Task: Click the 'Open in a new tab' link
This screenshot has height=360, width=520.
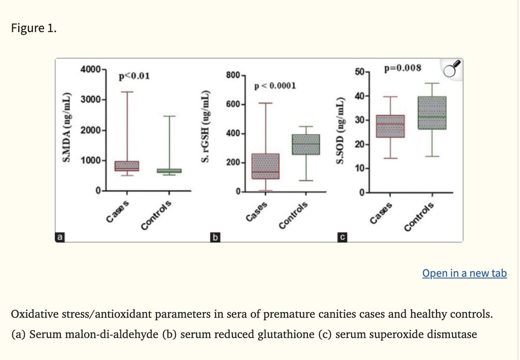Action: coord(464,273)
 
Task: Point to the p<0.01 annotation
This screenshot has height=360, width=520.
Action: coord(134,77)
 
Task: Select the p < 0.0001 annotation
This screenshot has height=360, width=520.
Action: coord(276,85)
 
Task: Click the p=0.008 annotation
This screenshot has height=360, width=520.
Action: coord(402,68)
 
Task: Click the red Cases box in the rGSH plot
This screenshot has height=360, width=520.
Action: coord(265,166)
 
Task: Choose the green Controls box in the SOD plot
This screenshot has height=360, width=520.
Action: coord(432,113)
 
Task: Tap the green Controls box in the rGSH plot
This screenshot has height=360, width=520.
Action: coord(306,144)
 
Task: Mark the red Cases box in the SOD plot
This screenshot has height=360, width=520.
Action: coord(390,126)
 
